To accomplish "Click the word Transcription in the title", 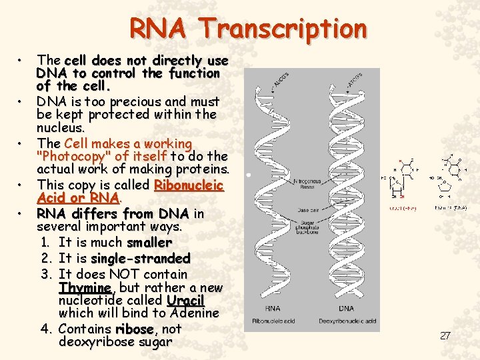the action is (x=285, y=29).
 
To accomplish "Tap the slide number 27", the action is (x=445, y=335).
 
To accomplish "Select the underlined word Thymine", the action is (x=85, y=287).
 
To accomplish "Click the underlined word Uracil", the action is (x=185, y=300).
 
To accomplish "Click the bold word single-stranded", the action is (x=141, y=258).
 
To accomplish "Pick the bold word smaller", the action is (x=149, y=243).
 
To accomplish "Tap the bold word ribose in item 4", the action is (x=135, y=329).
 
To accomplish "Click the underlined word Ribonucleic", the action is (x=189, y=185).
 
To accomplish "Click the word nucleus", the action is (x=60, y=127).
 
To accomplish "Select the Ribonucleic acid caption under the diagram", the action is (x=274, y=321).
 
